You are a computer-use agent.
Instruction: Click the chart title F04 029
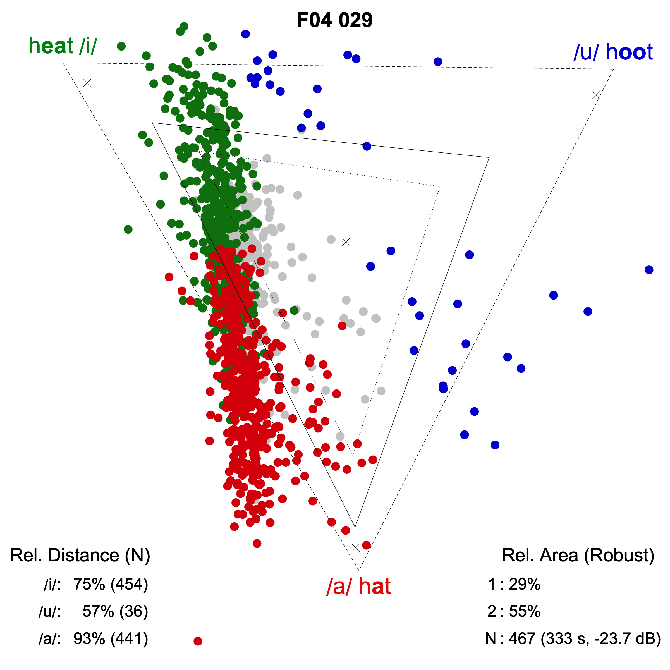tap(335, 20)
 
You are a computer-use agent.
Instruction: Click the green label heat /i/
tap(63, 46)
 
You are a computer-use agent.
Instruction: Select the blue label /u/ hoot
tap(613, 52)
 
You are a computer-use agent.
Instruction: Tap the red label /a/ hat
tap(358, 587)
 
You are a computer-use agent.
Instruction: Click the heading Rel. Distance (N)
tap(80, 555)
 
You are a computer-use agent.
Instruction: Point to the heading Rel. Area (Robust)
tap(578, 555)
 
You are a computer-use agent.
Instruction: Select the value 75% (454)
tap(111, 584)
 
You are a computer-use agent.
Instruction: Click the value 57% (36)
tap(115, 611)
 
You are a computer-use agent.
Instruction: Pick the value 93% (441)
tap(111, 638)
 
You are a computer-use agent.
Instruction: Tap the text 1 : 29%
tap(514, 584)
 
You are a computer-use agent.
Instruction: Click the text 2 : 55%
tap(514, 611)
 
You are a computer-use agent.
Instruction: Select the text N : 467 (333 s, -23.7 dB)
tap(573, 638)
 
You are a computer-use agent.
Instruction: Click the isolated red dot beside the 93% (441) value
tap(198, 641)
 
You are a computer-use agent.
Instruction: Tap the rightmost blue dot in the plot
tap(649, 270)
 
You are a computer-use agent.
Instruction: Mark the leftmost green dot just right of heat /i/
tap(121, 46)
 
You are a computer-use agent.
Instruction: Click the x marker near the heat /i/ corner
tap(87, 83)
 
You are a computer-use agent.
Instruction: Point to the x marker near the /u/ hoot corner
tap(595, 95)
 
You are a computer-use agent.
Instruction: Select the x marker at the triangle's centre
tap(346, 242)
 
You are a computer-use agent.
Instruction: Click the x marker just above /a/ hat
tap(355, 547)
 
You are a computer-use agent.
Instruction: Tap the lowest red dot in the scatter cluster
tap(257, 544)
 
